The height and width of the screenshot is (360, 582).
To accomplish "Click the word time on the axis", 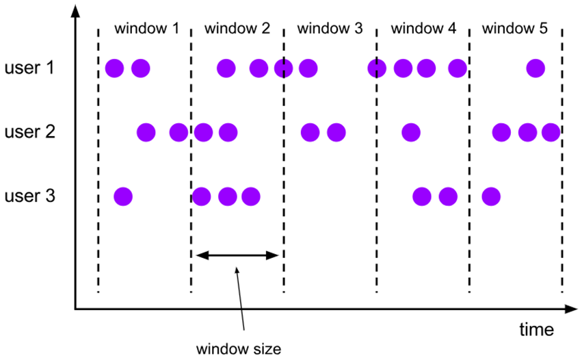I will click(535, 330).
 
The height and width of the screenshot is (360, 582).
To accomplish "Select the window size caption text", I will click(239, 349).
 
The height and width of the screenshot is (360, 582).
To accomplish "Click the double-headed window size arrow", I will click(238, 255).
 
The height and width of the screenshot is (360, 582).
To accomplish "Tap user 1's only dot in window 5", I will click(535, 68).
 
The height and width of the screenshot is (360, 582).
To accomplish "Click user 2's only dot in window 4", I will click(410, 132).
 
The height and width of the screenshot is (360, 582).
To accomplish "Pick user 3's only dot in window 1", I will click(122, 196).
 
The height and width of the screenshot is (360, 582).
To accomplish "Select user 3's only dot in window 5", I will click(490, 196).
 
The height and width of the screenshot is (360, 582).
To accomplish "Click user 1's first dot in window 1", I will click(114, 68).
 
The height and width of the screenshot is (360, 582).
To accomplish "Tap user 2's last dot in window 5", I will click(551, 132).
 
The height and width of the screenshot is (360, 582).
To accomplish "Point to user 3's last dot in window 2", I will click(251, 196).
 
